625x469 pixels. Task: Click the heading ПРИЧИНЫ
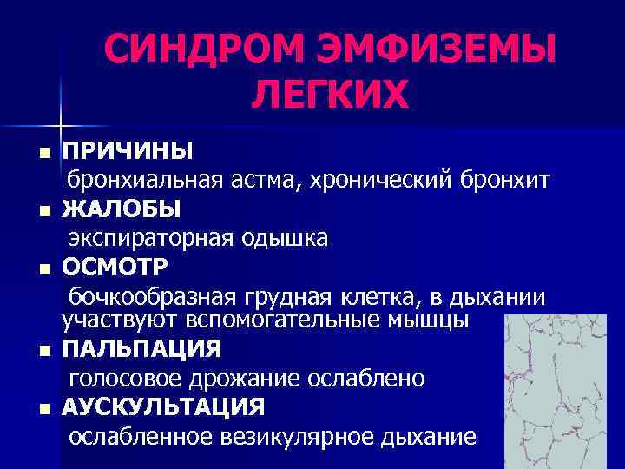pyautogui.click(x=127, y=152)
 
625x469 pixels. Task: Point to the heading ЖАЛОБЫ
pyautogui.click(x=122, y=209)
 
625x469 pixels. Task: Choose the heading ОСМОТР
pyautogui.click(x=116, y=266)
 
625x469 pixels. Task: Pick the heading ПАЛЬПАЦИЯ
pyautogui.click(x=141, y=350)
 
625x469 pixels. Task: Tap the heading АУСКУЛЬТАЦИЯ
pyautogui.click(x=163, y=406)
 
